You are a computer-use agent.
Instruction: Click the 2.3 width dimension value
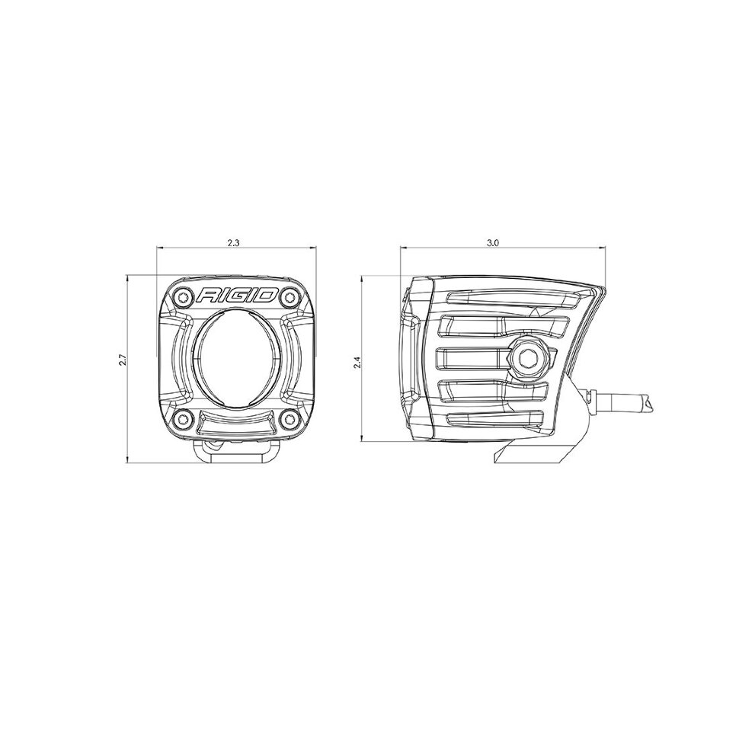coord(234,242)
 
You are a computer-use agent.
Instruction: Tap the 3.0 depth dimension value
coord(492,242)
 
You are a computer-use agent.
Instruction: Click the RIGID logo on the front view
coord(235,296)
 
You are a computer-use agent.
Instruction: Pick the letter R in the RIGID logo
coord(208,296)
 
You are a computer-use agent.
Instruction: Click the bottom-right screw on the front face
coord(290,420)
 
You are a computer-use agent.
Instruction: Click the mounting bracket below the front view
coord(235,449)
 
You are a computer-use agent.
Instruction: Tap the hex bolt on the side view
coord(527,355)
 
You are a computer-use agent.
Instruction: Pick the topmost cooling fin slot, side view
coord(518,299)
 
